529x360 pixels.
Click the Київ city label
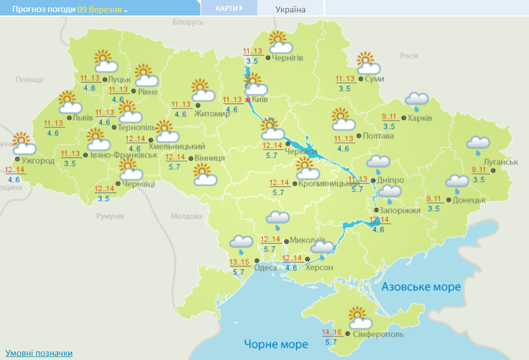coord(260,99)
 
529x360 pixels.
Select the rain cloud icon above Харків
coord(416,100)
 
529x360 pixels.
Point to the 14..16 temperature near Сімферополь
coord(332,332)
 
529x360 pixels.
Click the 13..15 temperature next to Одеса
coord(238,262)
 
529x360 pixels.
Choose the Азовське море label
coord(421,287)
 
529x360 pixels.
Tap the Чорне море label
coord(276,344)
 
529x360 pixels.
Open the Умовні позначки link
coord(39,353)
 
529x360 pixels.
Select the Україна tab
coord(290,9)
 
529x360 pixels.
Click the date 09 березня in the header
coord(99,9)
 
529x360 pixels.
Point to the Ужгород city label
coord(38,160)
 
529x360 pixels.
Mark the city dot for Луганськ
coord(492,170)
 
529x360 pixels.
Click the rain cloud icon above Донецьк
coord(457,183)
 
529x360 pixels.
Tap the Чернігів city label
coord(288,58)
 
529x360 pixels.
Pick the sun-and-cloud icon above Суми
coord(368,63)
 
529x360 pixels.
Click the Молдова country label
coord(186,216)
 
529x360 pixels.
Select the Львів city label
coord(83,118)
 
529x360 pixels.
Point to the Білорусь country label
coord(188,22)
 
